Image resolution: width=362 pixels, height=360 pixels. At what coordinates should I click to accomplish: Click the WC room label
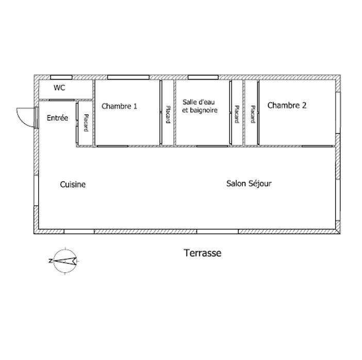[59, 88]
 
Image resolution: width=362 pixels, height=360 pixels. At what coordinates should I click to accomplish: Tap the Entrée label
[57, 118]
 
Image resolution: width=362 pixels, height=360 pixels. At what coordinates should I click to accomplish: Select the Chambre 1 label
[119, 107]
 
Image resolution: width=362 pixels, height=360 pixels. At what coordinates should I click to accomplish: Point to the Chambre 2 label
[287, 106]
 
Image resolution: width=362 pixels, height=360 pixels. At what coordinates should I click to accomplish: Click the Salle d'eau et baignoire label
[200, 106]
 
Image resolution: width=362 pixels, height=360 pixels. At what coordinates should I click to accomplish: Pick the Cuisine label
[73, 184]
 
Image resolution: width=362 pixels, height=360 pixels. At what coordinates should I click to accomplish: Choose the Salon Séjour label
[249, 183]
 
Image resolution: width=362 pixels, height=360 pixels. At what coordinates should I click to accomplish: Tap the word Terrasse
[202, 253]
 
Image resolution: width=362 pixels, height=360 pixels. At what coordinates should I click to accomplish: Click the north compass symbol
[64, 261]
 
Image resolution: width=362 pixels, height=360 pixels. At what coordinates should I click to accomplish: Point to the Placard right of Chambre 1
[168, 114]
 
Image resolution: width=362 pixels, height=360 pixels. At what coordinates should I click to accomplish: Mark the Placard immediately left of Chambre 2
[252, 114]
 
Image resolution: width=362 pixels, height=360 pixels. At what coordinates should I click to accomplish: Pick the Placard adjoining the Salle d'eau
[236, 114]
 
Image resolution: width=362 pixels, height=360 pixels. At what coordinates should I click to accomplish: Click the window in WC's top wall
[61, 77]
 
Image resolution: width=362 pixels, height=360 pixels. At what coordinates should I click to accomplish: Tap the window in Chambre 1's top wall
[128, 77]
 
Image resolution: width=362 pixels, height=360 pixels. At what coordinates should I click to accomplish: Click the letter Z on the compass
[51, 261]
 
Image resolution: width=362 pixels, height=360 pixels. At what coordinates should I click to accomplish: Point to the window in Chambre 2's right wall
[338, 109]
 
